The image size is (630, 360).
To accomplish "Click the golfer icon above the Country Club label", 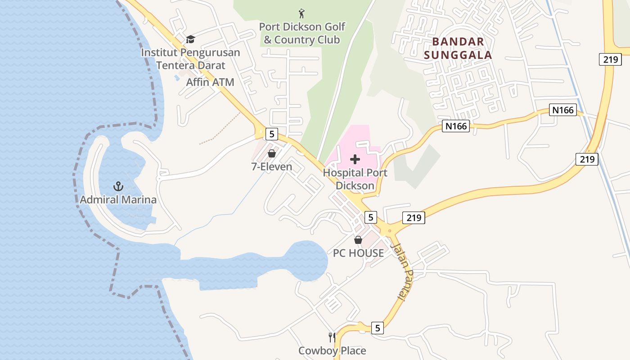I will point(301,13).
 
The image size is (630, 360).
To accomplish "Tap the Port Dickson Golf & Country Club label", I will point(302,33).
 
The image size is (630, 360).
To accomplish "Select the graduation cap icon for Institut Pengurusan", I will point(190,39).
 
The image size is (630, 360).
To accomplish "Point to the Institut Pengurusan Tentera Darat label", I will point(190,59).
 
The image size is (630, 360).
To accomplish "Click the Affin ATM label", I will point(210,82).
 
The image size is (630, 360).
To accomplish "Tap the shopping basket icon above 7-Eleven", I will point(271,154).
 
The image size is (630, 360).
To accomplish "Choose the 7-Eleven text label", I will point(271,167).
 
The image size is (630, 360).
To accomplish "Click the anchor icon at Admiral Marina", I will point(118,186).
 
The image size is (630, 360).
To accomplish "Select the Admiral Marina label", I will point(118,199).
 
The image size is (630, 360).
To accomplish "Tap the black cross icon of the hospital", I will point(355,159).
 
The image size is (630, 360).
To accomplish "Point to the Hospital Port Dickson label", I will point(355,179).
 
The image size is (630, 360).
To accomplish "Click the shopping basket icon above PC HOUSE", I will point(358,240).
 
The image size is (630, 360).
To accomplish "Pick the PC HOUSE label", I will point(358,253).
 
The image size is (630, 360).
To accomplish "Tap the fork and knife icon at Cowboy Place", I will point(332,337).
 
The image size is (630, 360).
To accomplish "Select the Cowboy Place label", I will point(332,351).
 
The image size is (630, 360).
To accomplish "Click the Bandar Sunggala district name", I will point(462,49).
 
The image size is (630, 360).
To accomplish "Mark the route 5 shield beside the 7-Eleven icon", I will point(271,134).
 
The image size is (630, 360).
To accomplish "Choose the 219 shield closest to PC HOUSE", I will point(414,218).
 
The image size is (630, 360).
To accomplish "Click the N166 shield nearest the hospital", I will point(456,126).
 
